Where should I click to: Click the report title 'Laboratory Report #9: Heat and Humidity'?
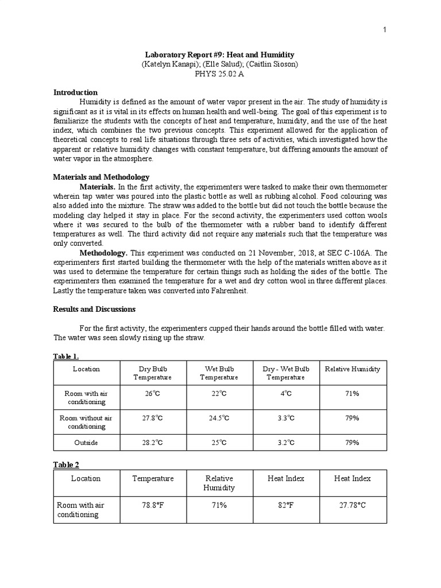click(x=220, y=55)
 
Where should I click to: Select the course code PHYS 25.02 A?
click(x=220, y=75)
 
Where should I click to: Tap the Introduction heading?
click(x=75, y=92)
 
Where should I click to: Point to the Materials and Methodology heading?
click(x=101, y=177)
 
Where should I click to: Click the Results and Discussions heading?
click(x=94, y=309)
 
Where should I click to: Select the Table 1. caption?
click(x=65, y=357)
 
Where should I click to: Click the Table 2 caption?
click(x=64, y=463)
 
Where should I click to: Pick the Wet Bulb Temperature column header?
click(x=219, y=373)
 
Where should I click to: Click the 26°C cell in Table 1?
click(x=153, y=394)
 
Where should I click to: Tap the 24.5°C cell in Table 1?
click(x=219, y=418)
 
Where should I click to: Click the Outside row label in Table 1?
click(x=86, y=443)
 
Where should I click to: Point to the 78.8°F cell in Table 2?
click(x=153, y=505)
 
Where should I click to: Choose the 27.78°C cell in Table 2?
click(x=353, y=505)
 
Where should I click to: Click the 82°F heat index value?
click(x=286, y=505)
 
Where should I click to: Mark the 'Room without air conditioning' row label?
click(x=86, y=422)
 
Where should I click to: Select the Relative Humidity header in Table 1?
click(x=353, y=369)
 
